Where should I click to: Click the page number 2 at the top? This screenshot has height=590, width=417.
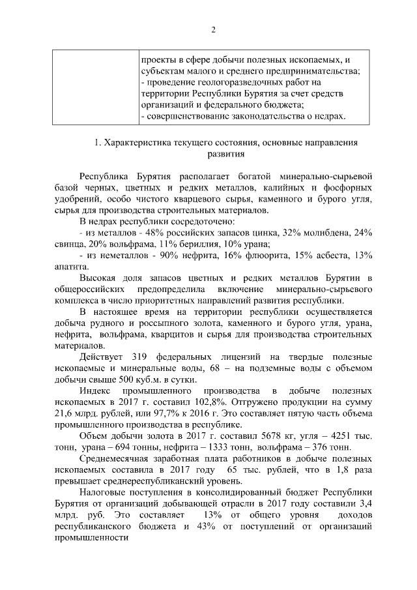coord(212,29)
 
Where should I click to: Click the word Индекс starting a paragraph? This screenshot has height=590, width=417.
coord(95,392)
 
